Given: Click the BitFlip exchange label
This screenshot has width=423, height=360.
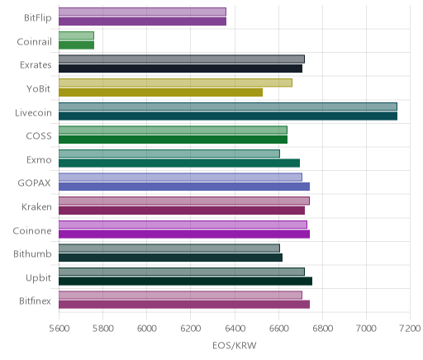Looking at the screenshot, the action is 38,17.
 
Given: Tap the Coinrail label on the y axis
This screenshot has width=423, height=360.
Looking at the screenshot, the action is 34,41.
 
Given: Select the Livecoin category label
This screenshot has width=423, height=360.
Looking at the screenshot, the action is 33,112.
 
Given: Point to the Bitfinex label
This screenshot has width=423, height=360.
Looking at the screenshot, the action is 35,301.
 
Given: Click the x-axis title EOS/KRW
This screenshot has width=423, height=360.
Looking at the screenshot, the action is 235,345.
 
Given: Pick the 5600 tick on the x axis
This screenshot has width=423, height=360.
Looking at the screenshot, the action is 59,328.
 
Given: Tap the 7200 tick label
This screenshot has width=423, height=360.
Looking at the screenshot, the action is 410,328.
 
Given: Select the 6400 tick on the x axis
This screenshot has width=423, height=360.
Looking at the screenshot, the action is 235,328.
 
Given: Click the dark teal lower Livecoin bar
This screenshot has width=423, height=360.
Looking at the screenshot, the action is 228,116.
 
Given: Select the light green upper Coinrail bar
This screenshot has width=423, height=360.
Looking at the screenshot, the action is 76,36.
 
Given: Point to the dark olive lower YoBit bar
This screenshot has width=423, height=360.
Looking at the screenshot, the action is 160,92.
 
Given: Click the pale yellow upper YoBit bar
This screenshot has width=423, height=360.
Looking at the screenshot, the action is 175,83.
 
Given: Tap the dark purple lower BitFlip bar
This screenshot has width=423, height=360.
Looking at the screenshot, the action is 142,21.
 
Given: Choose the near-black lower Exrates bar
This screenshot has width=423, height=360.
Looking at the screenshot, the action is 180,69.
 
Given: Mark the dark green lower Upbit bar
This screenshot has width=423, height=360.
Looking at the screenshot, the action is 185,281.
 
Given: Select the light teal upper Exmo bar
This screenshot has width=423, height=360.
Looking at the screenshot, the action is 169,154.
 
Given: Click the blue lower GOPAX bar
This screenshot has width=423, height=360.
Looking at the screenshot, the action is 184,187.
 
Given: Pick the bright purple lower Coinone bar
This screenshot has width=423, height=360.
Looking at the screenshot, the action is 184,234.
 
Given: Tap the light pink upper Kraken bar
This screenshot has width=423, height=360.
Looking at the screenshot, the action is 184,201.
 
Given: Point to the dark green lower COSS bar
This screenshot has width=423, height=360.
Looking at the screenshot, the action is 173,140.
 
